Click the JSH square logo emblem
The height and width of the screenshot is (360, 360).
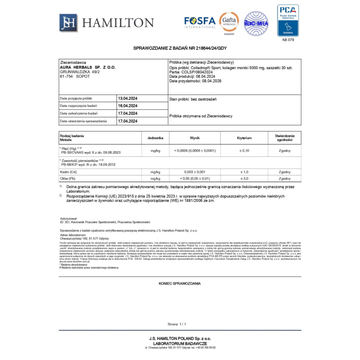tap(68, 23)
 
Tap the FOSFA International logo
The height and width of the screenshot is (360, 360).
tap(200, 22)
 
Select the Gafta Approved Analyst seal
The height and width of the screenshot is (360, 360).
tap(229, 23)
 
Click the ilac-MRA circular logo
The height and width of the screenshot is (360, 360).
tap(256, 23)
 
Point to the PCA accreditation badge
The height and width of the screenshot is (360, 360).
tap(288, 20)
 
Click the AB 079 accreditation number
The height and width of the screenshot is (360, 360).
tap(288, 40)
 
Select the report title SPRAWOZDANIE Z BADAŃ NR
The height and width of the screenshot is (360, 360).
tap(180, 48)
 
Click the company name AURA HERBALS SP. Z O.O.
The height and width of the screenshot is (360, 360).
tap(88, 67)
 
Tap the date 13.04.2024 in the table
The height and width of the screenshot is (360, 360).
tap(127, 98)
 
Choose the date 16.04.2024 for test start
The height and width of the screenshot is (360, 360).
tap(127, 106)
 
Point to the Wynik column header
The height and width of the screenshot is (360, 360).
tap(195, 138)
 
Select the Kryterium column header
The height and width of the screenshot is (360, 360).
tap(244, 138)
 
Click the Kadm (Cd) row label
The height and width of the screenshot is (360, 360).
tap(68, 172)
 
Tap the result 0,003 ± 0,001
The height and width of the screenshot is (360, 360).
tap(195, 172)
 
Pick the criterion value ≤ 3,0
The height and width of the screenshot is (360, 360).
tap(244, 178)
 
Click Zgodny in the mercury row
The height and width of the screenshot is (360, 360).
tap(284, 151)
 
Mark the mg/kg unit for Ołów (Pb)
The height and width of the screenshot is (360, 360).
tap(155, 178)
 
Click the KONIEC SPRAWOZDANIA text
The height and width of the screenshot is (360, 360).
tap(180, 283)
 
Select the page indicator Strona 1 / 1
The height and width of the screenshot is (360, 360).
tap(177, 324)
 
